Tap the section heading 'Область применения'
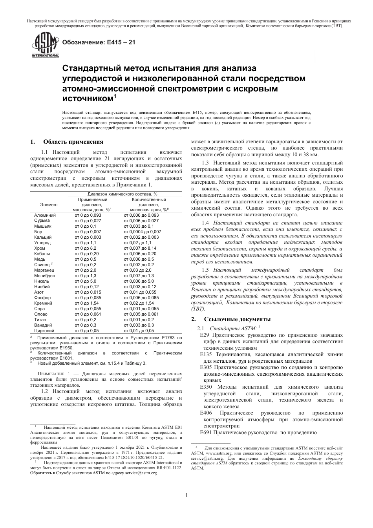click(x=73, y=142)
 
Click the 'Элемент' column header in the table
click(x=49, y=205)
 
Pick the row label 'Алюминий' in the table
click(x=45, y=215)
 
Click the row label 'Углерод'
click(x=42, y=243)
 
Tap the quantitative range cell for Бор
click(x=142, y=232)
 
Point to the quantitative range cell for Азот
click(x=140, y=292)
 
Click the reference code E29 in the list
click(x=205, y=335)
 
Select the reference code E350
click(x=206, y=387)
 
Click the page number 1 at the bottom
click(x=186, y=495)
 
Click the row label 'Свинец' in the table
click(x=42, y=265)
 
